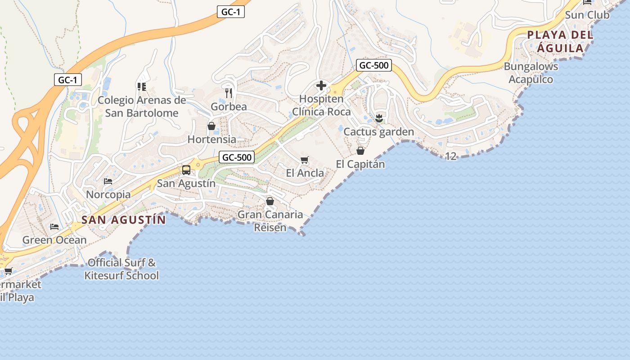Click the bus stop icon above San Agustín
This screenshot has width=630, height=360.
[186, 170]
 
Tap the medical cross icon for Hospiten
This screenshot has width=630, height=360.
[321, 85]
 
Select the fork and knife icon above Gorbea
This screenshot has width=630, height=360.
[229, 93]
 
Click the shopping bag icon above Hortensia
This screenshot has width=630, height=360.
[211, 126]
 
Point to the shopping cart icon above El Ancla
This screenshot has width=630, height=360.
[305, 160]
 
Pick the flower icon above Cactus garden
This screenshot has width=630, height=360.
[378, 118]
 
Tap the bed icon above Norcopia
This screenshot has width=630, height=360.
[108, 181]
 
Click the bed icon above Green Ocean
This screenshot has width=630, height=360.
[54, 226]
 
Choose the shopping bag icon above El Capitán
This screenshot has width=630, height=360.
[360, 151]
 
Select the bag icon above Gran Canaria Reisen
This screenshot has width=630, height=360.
[270, 201]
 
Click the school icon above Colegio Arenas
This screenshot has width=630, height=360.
[142, 86]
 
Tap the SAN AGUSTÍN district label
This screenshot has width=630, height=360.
[124, 220]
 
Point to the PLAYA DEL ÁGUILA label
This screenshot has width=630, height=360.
[560, 41]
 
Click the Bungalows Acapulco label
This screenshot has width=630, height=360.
[531, 73]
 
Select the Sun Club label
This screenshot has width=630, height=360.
[587, 15]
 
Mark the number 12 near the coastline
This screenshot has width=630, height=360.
[450, 156]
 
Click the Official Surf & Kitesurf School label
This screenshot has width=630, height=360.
[121, 269]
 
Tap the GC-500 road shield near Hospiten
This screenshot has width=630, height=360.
[374, 65]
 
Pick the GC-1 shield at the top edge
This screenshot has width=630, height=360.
[231, 12]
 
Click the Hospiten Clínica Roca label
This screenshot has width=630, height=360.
[321, 105]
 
